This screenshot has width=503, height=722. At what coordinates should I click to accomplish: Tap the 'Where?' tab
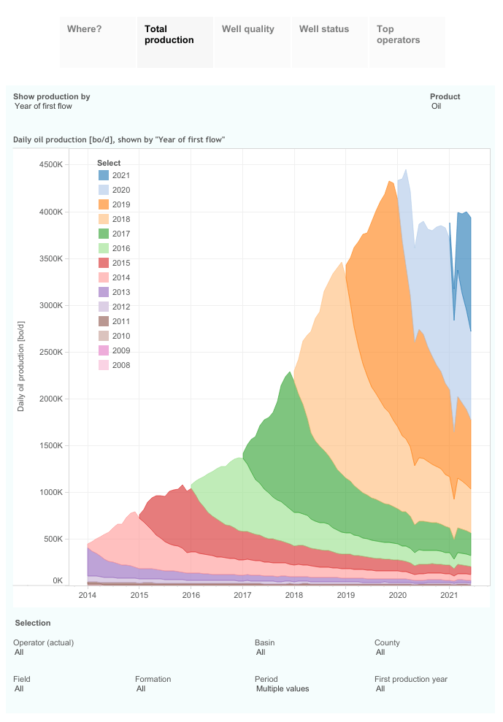tap(85, 29)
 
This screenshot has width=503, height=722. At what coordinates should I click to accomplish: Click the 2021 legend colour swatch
tap(104, 175)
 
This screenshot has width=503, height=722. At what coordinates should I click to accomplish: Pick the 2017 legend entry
tap(120, 234)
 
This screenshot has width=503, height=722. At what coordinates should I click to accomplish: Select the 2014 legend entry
tap(120, 277)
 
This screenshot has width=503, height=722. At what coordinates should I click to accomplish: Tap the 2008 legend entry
tap(120, 365)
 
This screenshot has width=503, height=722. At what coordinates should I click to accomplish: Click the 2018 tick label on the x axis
tap(294, 596)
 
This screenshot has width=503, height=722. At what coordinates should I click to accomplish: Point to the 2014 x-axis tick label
tap(88, 596)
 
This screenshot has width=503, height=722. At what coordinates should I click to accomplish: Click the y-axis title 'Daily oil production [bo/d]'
tap(21, 365)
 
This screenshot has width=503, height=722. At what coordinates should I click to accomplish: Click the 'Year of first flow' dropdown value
tap(43, 107)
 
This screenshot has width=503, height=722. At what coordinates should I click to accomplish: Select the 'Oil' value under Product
tap(437, 107)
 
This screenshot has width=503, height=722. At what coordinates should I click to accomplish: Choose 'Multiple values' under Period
tap(283, 688)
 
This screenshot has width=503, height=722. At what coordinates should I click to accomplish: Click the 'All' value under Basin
tap(261, 653)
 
